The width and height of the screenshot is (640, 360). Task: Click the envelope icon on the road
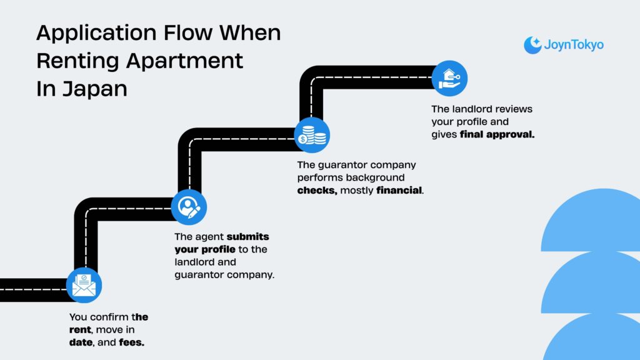[83, 285]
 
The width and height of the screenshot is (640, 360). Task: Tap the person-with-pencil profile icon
[188, 207]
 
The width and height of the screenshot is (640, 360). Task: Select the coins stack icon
[312, 134]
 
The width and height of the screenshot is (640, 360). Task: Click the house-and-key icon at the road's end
[449, 78]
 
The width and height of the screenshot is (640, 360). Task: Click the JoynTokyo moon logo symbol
[532, 45]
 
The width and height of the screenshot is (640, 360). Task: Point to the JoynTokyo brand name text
[574, 45]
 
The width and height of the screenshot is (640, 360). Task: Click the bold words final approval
[497, 134]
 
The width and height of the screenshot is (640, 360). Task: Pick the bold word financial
[399, 190]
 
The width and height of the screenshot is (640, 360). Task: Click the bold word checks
[317, 190]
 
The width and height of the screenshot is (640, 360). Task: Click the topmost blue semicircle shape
[591, 222]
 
